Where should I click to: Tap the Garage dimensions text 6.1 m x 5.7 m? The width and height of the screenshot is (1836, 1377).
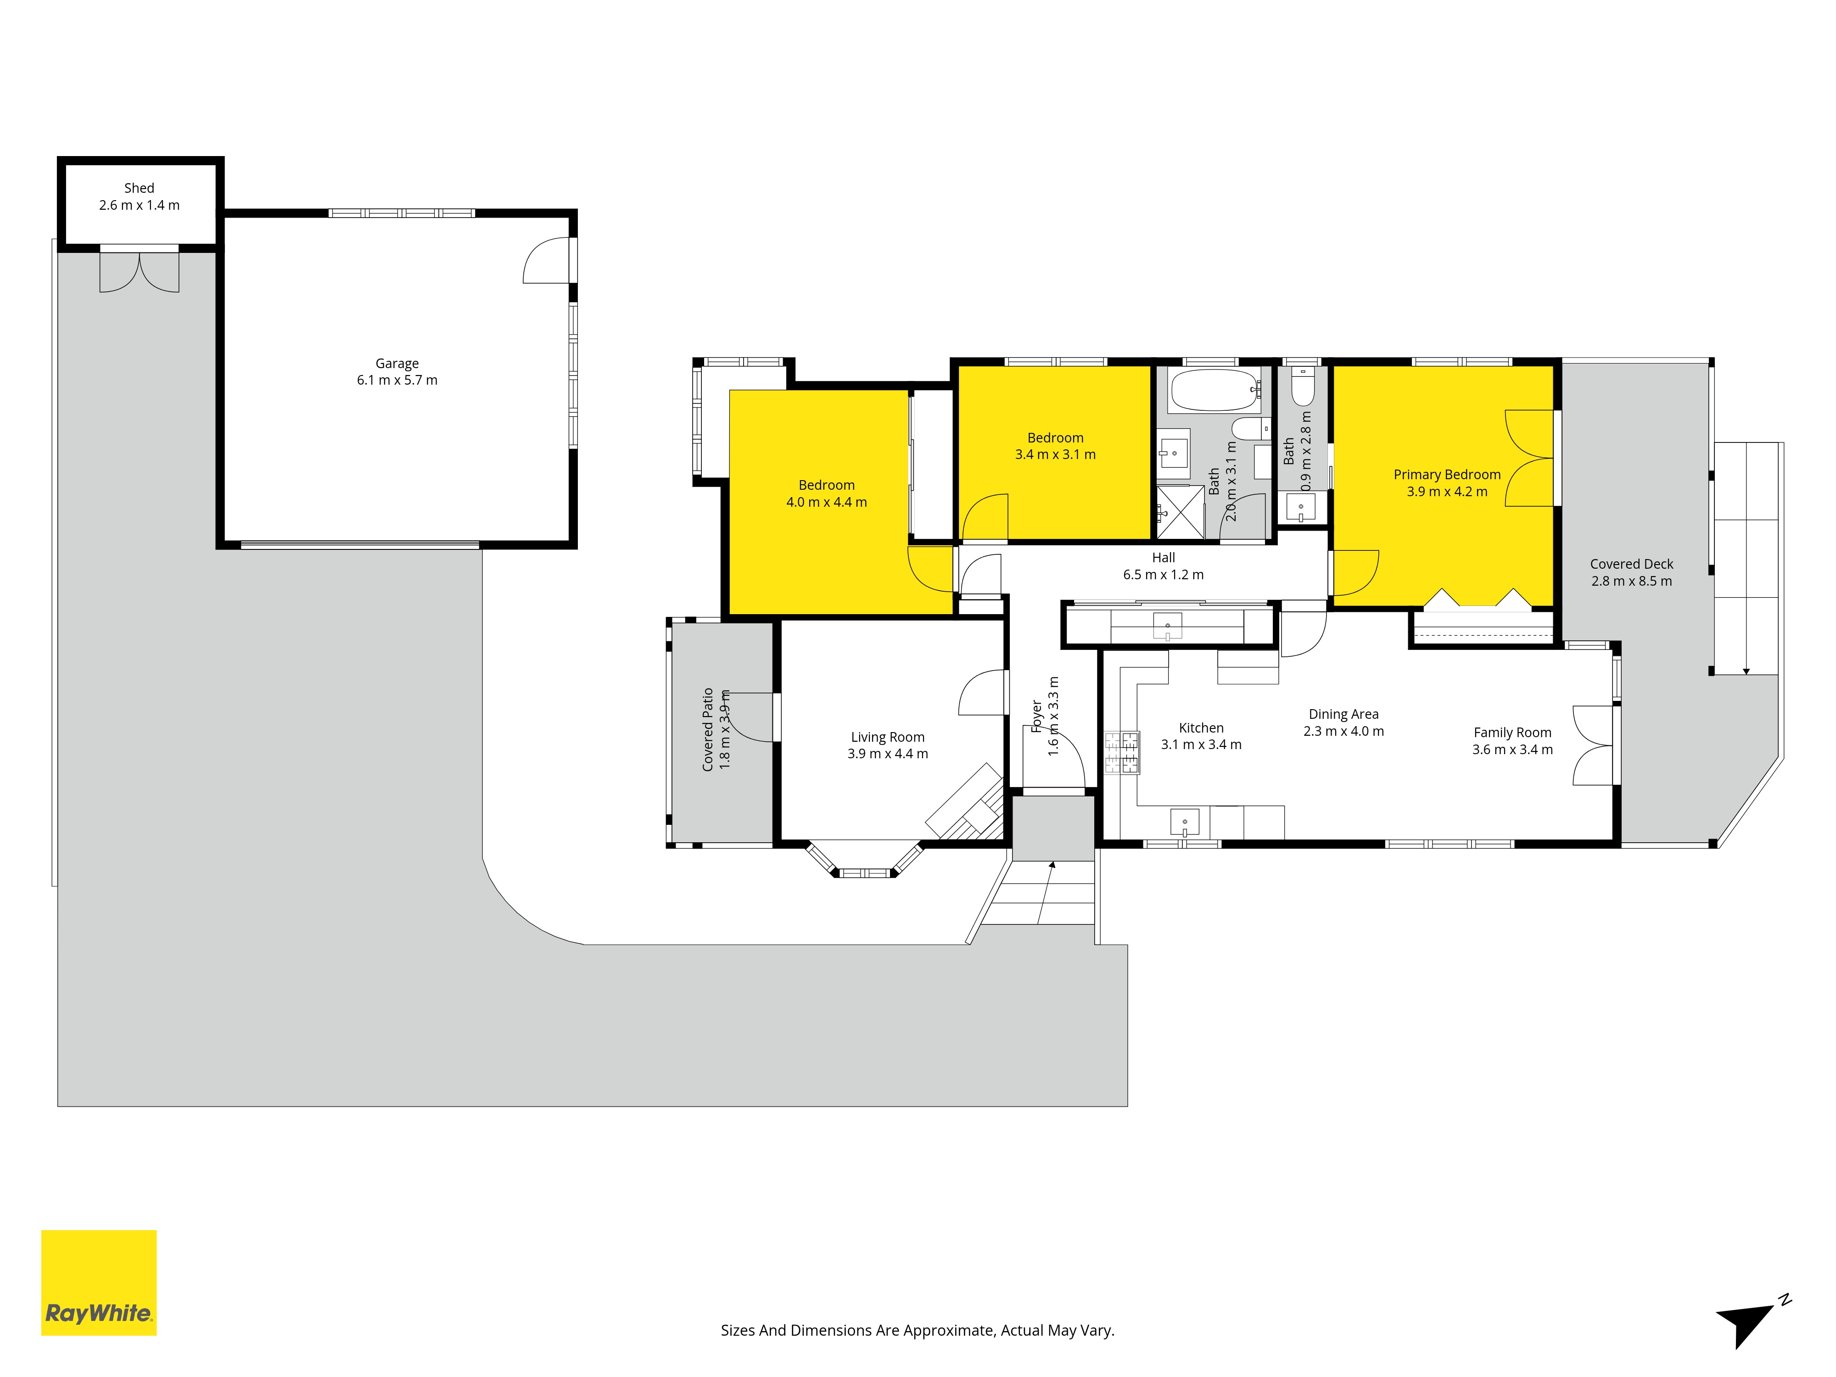click(397, 380)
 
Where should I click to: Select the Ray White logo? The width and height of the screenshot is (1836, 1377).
click(99, 1282)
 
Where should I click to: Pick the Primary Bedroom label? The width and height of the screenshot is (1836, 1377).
click(1447, 475)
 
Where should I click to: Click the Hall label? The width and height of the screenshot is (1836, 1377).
click(1163, 558)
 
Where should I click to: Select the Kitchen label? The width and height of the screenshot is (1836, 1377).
click(1201, 728)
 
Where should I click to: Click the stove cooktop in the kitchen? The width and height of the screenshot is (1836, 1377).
click(1121, 753)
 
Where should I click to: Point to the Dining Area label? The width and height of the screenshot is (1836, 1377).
click(1343, 715)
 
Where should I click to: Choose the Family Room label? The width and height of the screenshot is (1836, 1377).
click(1512, 733)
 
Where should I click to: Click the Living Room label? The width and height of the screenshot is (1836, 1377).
click(887, 737)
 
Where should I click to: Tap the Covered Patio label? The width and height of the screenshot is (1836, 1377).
click(708, 730)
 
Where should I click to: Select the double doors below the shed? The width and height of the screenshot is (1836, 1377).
click(140, 271)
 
